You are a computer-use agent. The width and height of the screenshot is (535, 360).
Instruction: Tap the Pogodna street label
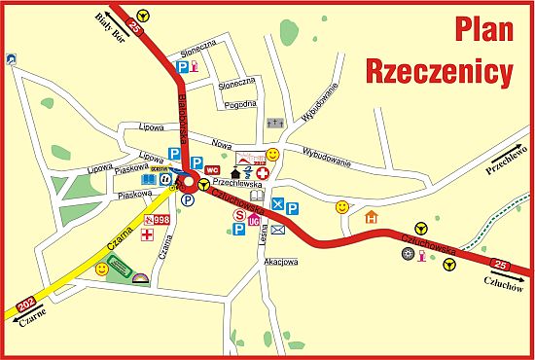(238, 103)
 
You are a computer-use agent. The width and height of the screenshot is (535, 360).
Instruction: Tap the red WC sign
(212, 170)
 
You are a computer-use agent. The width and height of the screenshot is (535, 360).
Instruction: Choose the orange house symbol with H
(372, 217)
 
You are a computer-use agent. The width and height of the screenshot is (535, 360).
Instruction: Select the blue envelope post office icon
(278, 230)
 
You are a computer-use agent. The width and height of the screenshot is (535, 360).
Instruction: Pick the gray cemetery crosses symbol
(273, 125)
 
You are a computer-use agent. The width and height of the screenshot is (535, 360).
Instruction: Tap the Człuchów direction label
(503, 285)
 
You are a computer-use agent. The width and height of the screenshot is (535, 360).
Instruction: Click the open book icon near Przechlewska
(258, 196)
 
